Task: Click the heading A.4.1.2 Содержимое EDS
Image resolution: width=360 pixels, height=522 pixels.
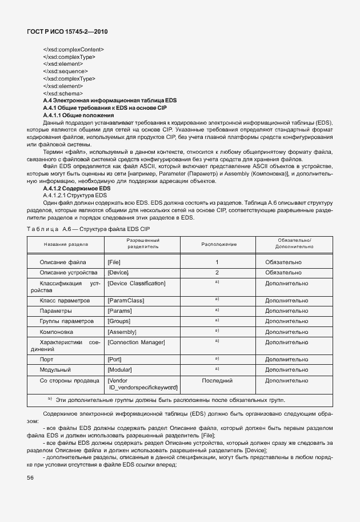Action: (77, 189)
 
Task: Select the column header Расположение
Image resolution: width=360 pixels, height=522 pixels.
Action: (218, 244)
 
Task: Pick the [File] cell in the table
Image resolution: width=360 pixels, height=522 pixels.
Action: (114, 262)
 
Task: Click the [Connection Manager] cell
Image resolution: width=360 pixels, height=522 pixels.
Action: (136, 342)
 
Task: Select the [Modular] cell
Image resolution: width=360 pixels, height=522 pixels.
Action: (120, 370)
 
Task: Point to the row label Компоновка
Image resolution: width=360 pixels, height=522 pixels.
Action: (57, 332)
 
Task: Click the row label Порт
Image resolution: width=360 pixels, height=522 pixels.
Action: (47, 360)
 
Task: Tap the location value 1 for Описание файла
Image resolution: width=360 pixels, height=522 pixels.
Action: (217, 262)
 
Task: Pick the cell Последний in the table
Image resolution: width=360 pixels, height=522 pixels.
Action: (217, 380)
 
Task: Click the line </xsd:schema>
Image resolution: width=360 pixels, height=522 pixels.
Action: (63, 93)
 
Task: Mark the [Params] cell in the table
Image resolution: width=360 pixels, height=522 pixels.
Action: (119, 311)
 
